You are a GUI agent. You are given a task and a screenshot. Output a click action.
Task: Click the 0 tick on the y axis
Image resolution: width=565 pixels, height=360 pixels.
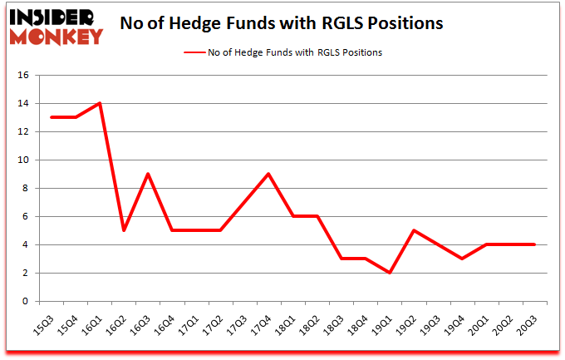pyautogui.click(x=26, y=302)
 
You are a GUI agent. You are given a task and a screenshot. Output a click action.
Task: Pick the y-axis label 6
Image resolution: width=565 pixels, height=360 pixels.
pyautogui.click(x=26, y=217)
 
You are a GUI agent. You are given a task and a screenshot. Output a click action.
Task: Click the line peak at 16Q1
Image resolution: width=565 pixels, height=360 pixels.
pyautogui.click(x=99, y=103)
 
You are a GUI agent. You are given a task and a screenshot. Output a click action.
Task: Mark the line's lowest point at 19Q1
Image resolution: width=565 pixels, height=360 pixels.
pyautogui.click(x=390, y=273)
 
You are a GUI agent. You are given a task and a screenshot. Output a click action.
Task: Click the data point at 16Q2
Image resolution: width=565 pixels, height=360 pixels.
pyautogui.click(x=123, y=230)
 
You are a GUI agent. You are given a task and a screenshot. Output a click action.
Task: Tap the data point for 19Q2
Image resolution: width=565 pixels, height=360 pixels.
pyautogui.click(x=413, y=230)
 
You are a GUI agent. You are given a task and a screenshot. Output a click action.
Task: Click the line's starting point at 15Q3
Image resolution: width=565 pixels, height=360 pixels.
pyautogui.click(x=52, y=117)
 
